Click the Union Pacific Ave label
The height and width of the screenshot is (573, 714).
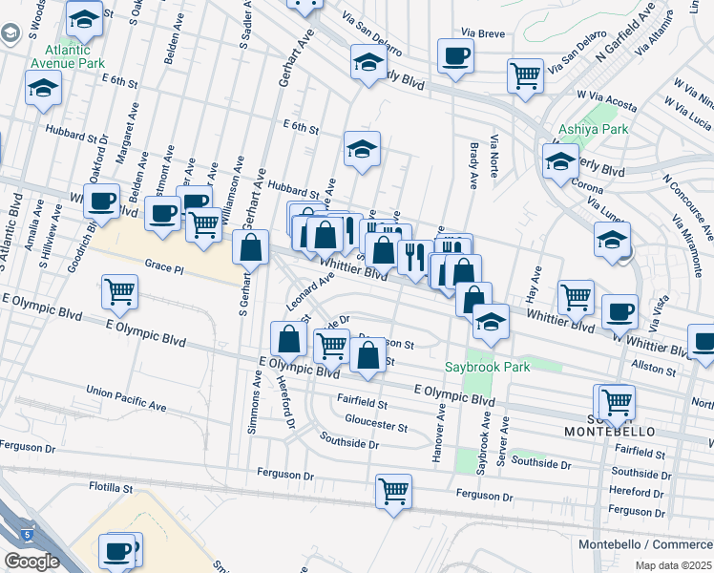[x=125, y=399]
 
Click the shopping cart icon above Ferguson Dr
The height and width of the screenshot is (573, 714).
[x=393, y=492]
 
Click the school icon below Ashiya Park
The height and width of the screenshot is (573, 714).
[x=560, y=163]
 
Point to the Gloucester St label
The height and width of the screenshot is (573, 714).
[x=375, y=426]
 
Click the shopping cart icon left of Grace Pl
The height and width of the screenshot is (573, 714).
[x=119, y=291]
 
